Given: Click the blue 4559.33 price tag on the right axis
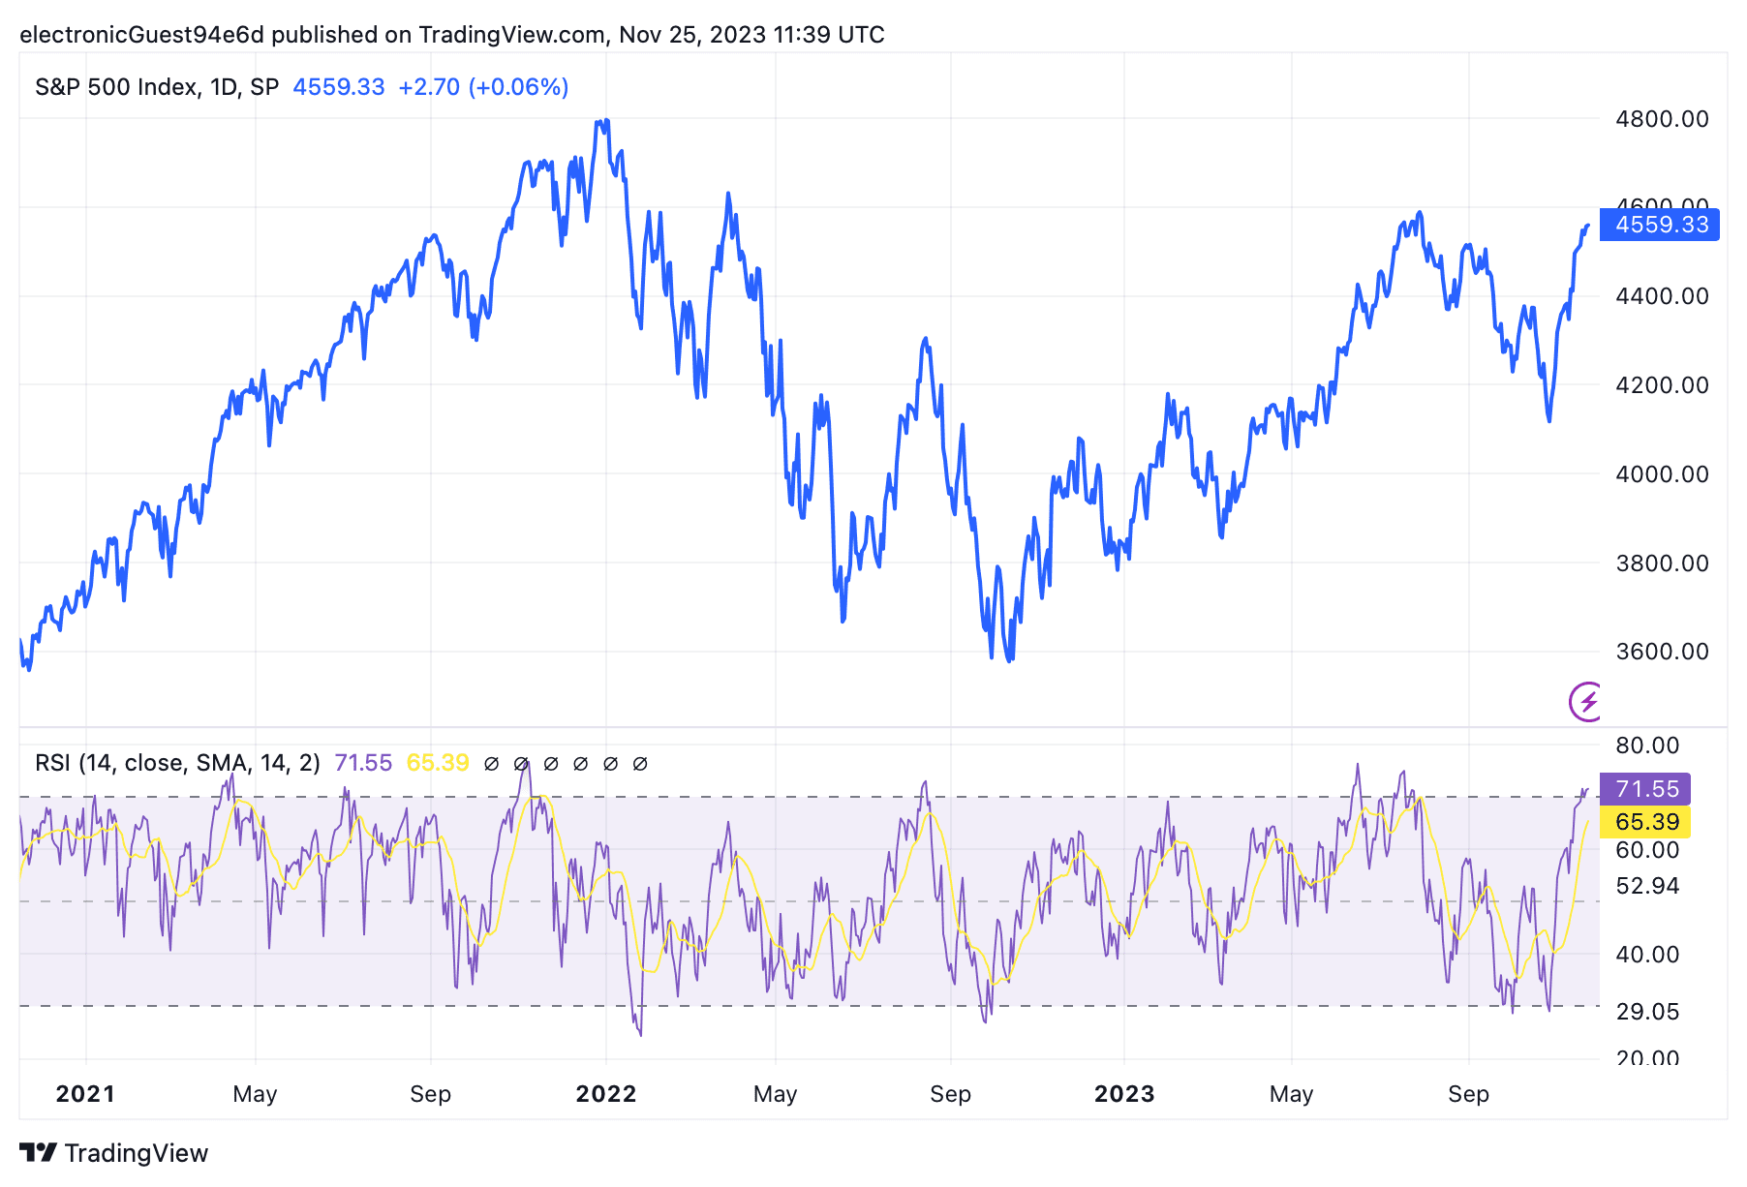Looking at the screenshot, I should click(1660, 225).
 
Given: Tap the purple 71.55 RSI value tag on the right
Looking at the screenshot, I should click(1645, 788).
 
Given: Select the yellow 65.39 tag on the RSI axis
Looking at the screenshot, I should click(1645, 822).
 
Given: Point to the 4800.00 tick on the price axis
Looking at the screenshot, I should click(1662, 119).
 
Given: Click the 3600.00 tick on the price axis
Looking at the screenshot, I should click(1662, 652).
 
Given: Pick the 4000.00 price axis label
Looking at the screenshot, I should click(1662, 474).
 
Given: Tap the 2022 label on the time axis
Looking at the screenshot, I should click(606, 1094).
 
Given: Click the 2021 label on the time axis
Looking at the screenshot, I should click(85, 1094).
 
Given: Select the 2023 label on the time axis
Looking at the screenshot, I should click(1124, 1094).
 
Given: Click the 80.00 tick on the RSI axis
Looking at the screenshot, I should click(1647, 746).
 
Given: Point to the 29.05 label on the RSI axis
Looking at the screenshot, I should click(1647, 1012).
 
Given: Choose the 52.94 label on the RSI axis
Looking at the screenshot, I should click(1647, 886).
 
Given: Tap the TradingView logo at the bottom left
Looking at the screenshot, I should click(114, 1153).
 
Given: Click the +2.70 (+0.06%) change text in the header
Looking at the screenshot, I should click(483, 87).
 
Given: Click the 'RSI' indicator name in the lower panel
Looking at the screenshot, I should click(53, 763).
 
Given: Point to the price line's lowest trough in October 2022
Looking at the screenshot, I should click(1010, 660).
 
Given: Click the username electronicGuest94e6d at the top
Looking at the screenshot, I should click(141, 35).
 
